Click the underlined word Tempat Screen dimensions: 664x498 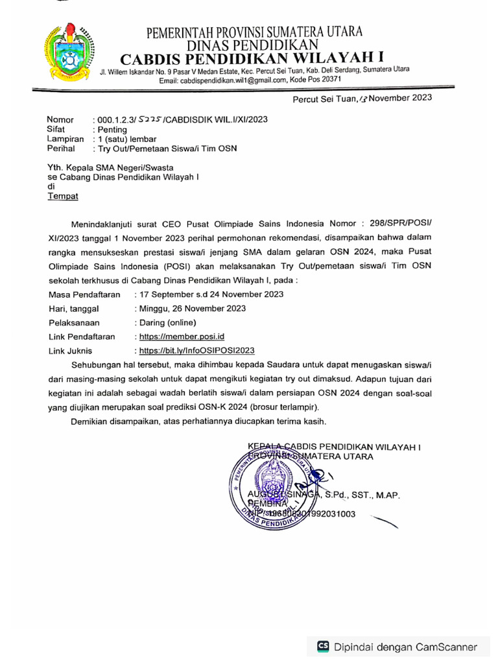click(63, 196)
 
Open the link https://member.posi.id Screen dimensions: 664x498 click(178, 337)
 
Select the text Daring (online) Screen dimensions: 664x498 click(165, 322)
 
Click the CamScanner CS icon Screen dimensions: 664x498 click(322, 646)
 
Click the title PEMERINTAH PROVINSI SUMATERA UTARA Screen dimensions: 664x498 click(254, 32)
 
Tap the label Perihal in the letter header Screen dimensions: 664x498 click(62, 148)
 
